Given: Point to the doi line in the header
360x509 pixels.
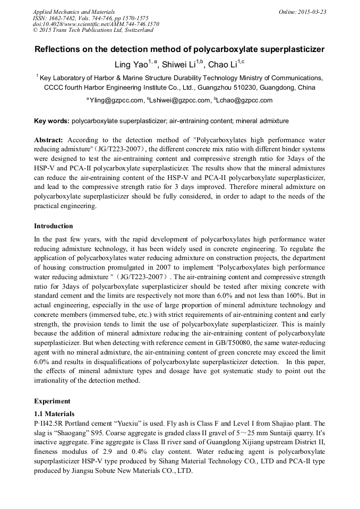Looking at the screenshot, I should (x=96, y=24).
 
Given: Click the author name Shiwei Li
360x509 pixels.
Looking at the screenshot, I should (x=176, y=65).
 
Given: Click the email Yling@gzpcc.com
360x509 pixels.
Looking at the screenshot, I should (x=116, y=100).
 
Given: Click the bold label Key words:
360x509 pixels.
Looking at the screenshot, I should (x=52, y=121).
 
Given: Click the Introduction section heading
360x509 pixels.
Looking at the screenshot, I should (x=54, y=226).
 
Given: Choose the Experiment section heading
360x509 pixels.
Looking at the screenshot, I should (x=52, y=401).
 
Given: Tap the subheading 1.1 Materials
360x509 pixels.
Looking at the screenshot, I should (x=54, y=413).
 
